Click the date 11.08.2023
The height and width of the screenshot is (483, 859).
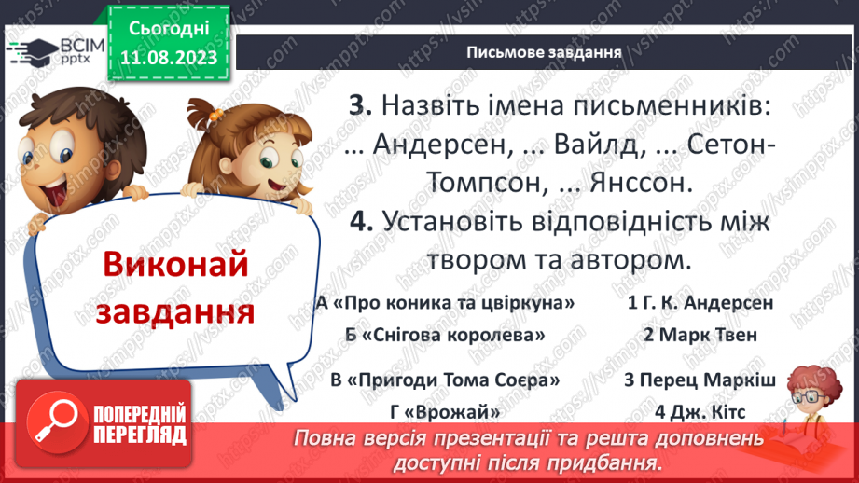[169, 58]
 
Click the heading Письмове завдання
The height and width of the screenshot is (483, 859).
[544, 52]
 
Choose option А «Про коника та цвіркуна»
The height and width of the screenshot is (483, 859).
[444, 302]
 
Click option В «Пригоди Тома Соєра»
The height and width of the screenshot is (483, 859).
[445, 380]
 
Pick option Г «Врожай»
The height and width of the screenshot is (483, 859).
[446, 412]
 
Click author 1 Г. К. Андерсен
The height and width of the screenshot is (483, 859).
[700, 302]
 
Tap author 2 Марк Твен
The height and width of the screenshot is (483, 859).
[700, 334]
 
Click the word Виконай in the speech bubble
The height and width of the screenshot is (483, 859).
[174, 265]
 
